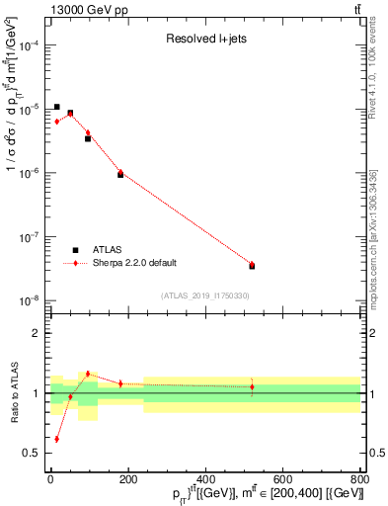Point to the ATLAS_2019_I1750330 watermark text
(205, 295)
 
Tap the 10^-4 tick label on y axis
(30, 45)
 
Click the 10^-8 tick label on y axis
(30, 300)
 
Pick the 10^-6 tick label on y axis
(30, 173)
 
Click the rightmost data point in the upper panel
(252, 265)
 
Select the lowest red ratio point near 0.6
(57, 439)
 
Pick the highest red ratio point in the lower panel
(88, 374)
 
